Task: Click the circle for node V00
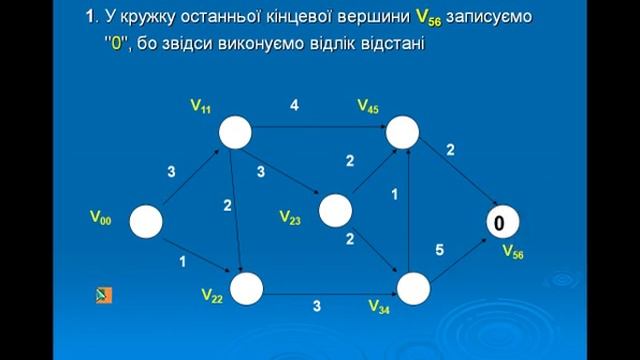coord(146,222)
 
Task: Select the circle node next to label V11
coord(236,130)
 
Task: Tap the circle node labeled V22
coord(246,289)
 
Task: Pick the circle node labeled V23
coord(336,210)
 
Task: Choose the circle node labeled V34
coord(413,289)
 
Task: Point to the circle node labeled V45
coord(402,130)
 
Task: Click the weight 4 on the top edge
coord(294,105)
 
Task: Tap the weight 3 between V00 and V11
coord(171,172)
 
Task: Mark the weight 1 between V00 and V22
coord(182,262)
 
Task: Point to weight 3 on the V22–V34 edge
coord(316,307)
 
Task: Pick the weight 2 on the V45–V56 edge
coord(450,150)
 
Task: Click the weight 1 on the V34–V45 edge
coord(394,194)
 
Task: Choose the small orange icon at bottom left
coord(103,295)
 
